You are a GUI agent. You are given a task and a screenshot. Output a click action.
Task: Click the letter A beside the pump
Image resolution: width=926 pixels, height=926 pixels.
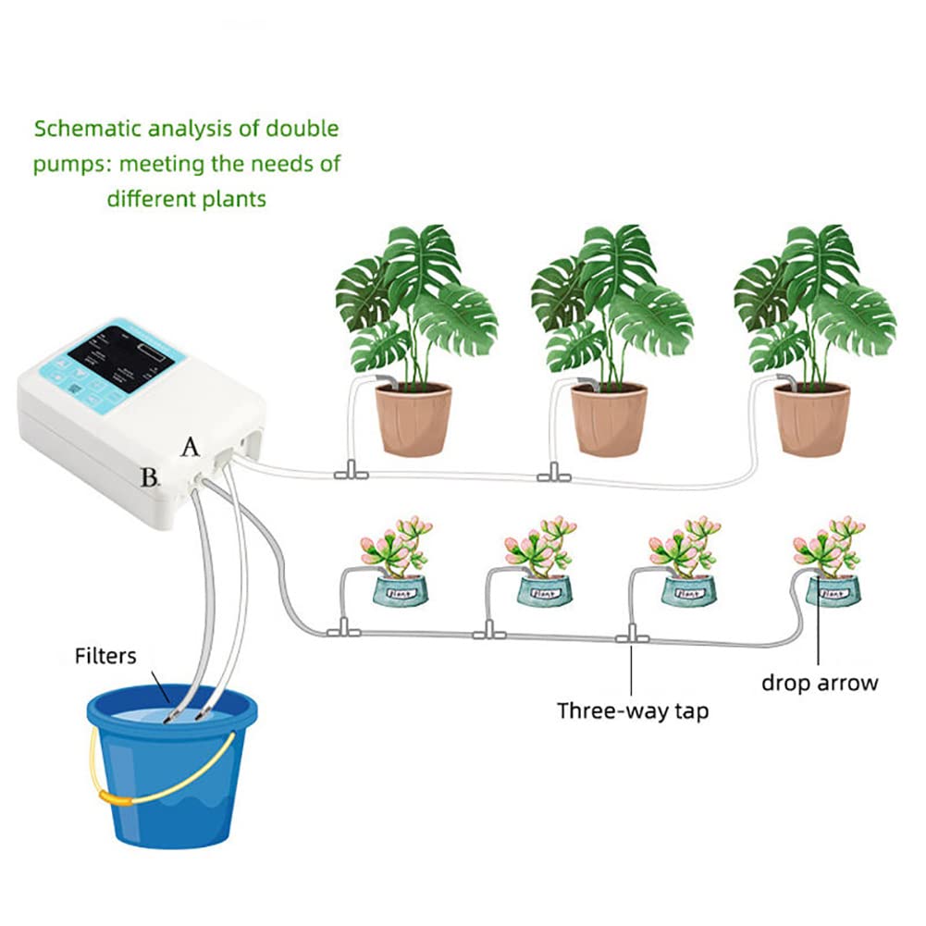(x=191, y=447)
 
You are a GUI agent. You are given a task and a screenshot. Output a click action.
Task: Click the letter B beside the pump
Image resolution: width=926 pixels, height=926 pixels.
(x=149, y=477)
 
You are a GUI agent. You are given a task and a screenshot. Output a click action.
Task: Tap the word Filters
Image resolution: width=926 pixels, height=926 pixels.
(x=105, y=656)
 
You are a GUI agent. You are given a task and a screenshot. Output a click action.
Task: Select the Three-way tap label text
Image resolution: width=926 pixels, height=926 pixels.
(x=632, y=710)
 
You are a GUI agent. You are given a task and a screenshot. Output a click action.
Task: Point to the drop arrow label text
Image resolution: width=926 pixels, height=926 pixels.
(x=819, y=683)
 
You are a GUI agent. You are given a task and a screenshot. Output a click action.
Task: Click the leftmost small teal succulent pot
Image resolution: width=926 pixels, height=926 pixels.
(x=399, y=590)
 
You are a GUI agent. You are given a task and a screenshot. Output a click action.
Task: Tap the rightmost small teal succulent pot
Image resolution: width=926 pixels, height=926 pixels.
(x=831, y=590)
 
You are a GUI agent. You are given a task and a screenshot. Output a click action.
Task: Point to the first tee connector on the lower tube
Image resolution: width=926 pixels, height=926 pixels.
(x=341, y=631)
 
